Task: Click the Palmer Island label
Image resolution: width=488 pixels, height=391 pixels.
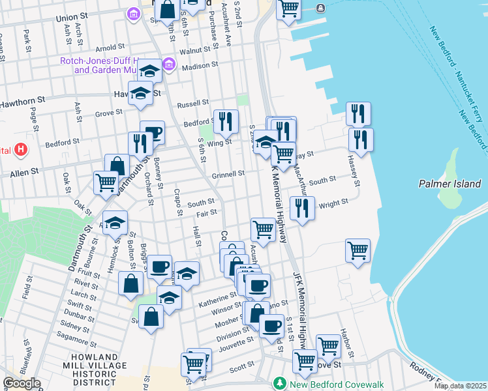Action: coord(450,184)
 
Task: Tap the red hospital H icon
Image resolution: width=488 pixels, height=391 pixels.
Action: coord(22,150)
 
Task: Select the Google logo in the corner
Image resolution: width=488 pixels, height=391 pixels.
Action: coord(22,383)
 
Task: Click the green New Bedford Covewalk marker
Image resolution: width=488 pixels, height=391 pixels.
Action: coord(280,383)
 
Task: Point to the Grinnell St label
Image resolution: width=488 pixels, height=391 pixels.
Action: coord(228,174)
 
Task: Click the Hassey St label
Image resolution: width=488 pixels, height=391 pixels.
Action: coord(353,168)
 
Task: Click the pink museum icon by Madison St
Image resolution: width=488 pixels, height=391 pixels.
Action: coord(169,65)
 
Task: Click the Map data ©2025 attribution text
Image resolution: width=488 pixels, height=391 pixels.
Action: coord(460,386)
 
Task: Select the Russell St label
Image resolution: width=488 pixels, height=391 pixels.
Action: coord(192,104)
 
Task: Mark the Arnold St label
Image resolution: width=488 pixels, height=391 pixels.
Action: coord(110,48)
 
